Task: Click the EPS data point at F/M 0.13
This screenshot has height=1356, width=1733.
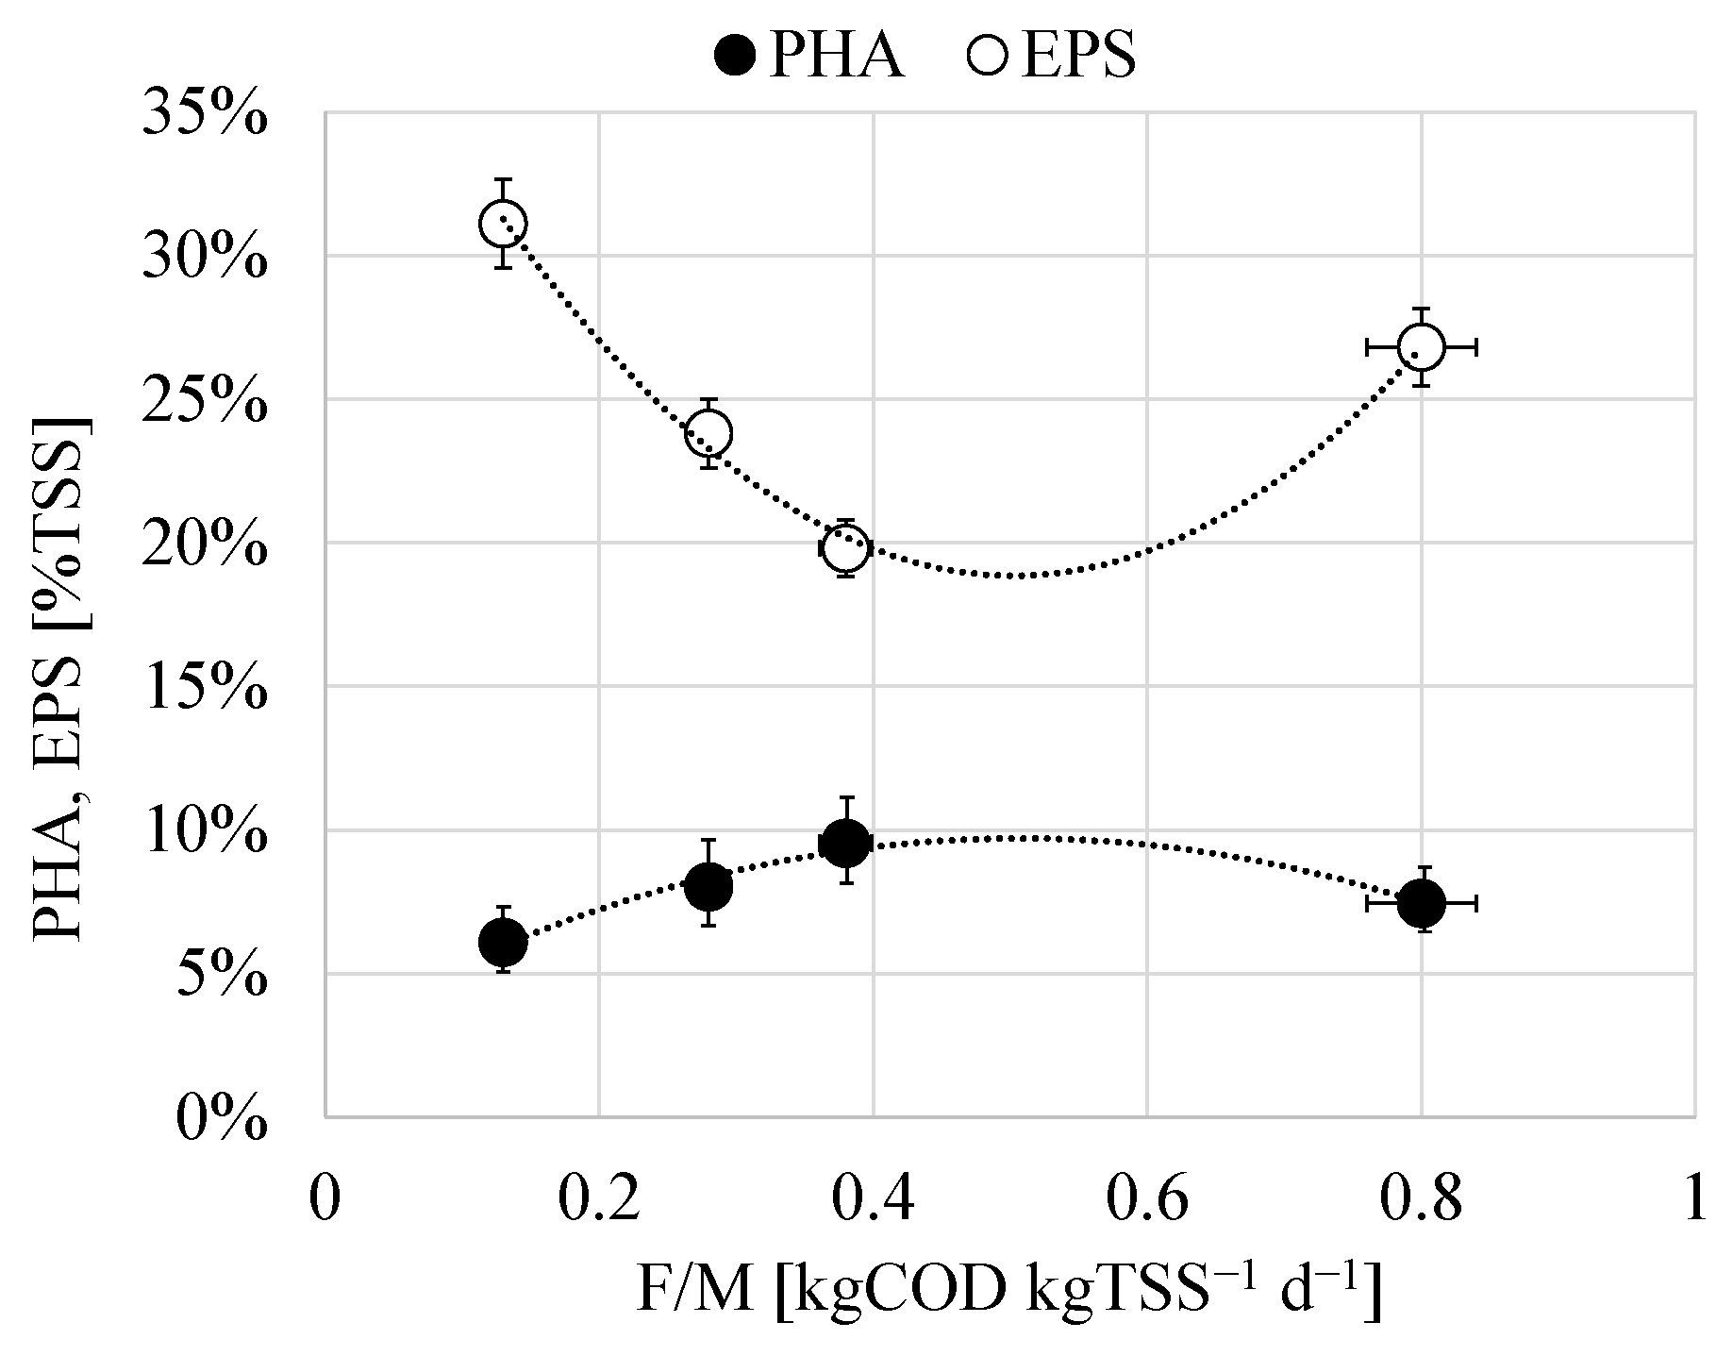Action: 503,224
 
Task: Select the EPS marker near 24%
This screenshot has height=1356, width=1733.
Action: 708,433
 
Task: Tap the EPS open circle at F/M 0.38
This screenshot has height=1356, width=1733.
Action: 845,546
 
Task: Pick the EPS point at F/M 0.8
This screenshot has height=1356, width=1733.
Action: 1421,347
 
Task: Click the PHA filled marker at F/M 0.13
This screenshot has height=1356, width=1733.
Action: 503,941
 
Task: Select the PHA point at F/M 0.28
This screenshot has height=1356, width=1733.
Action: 708,886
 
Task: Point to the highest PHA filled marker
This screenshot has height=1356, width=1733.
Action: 845,843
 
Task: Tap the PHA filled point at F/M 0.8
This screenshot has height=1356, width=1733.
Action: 1421,903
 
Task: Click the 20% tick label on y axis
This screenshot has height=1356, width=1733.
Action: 205,546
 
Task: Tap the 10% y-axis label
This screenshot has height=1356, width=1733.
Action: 205,834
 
